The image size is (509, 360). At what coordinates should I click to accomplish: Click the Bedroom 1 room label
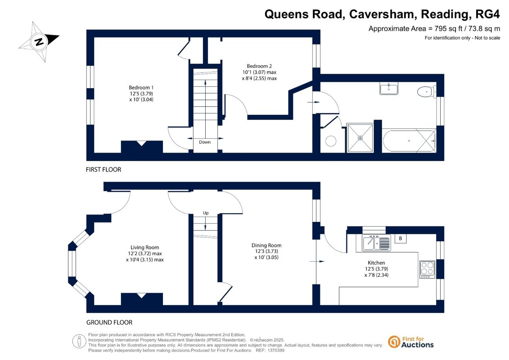click(141, 88)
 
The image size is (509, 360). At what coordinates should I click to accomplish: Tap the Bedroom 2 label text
click(259, 66)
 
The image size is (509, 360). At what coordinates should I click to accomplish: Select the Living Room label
click(145, 247)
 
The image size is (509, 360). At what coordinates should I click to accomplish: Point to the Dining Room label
click(266, 245)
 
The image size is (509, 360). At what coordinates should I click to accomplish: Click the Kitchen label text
click(376, 263)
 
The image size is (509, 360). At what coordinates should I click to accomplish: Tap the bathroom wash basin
click(388, 88)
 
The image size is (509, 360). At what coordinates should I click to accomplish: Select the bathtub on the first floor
click(409, 141)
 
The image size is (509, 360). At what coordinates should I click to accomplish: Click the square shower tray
click(360, 138)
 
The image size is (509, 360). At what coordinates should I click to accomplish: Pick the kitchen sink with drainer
click(376, 243)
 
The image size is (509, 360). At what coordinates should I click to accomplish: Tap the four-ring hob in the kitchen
click(427, 270)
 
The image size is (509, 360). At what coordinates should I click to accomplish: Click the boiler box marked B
click(400, 238)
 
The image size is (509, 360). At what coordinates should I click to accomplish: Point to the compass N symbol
click(39, 41)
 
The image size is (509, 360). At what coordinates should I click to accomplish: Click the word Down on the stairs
click(204, 142)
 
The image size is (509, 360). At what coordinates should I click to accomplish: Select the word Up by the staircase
click(206, 213)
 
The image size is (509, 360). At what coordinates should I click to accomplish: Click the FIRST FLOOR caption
click(103, 170)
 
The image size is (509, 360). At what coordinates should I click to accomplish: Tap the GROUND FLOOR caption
click(109, 322)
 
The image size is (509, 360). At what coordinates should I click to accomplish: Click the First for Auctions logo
click(411, 342)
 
